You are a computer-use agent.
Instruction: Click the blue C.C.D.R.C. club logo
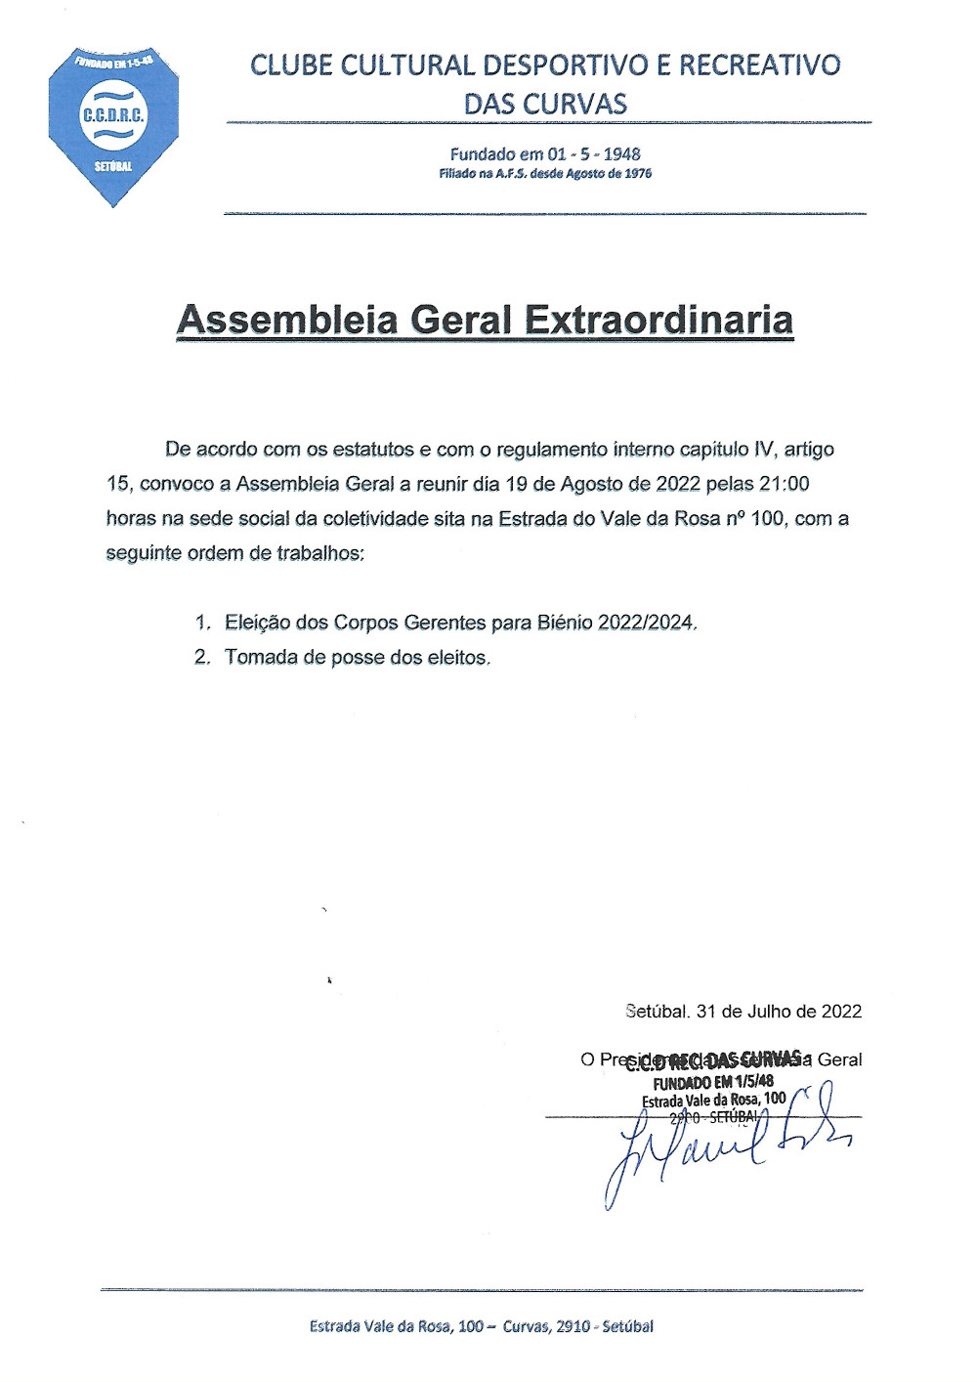[x=113, y=125]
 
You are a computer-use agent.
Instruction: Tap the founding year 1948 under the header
[x=621, y=153]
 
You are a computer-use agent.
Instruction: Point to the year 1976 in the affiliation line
[x=637, y=174]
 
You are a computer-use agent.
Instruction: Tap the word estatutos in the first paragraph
[x=373, y=450]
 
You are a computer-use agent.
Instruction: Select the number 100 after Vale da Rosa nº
[x=767, y=518]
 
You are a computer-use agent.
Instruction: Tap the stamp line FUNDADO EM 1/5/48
[x=713, y=1082]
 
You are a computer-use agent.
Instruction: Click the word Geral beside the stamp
[x=839, y=1059]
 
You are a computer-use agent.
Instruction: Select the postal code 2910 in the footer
[x=573, y=1326]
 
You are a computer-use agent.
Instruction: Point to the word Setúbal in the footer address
[x=627, y=1326]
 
